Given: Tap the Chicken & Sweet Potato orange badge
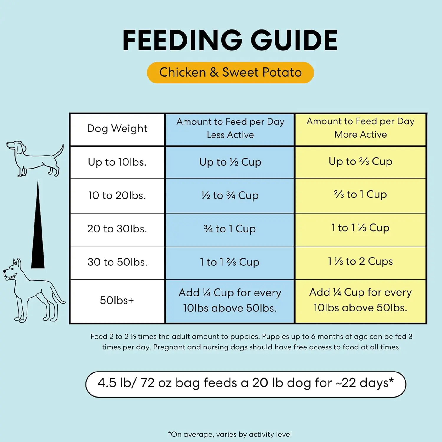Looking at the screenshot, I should click(x=230, y=72).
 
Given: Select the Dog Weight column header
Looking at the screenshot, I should click(x=117, y=129).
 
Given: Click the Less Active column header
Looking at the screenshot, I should click(x=230, y=128).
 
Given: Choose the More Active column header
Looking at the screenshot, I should click(x=360, y=128).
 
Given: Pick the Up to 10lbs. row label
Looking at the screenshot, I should click(x=117, y=162).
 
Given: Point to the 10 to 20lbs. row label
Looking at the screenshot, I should click(x=117, y=195).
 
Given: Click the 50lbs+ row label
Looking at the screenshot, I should click(x=117, y=300).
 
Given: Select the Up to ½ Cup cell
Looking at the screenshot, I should click(x=230, y=162).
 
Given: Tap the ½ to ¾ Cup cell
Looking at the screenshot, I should click(x=230, y=195).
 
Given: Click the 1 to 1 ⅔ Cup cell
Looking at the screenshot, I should click(x=230, y=262).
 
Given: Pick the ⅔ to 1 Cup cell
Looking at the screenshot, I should click(x=360, y=194).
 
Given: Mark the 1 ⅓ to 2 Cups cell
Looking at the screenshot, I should click(x=360, y=261).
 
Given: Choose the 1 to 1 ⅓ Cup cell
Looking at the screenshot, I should click(x=360, y=228).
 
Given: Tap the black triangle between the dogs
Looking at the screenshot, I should click(x=38, y=236).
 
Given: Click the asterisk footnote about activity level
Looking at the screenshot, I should click(x=230, y=434).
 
